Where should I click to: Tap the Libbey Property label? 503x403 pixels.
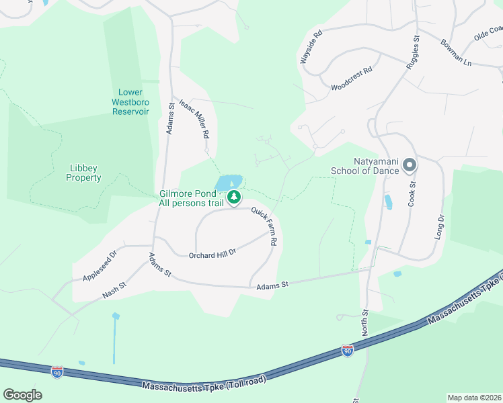click(84, 173)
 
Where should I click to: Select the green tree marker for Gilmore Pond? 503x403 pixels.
click(234, 197)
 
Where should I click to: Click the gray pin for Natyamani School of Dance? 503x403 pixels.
click(410, 165)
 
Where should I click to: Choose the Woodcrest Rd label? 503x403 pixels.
click(351, 79)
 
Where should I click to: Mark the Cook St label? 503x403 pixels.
click(413, 192)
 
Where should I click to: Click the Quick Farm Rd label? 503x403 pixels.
click(265, 226)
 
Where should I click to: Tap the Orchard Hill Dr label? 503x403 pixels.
click(212, 253)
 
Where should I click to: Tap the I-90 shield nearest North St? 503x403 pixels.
click(347, 351)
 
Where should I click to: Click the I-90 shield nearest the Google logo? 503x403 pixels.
click(58, 371)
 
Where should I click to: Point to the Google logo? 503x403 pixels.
click(22, 395)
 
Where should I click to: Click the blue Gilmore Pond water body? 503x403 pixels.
click(227, 183)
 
